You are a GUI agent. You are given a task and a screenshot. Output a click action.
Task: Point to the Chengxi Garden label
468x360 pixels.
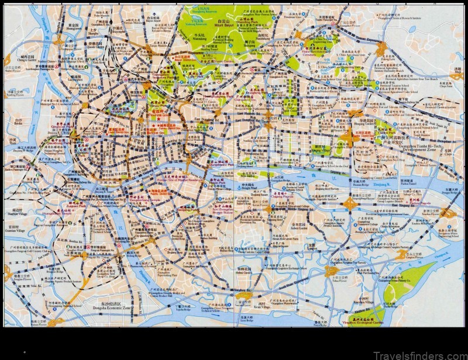(x=16, y=57)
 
